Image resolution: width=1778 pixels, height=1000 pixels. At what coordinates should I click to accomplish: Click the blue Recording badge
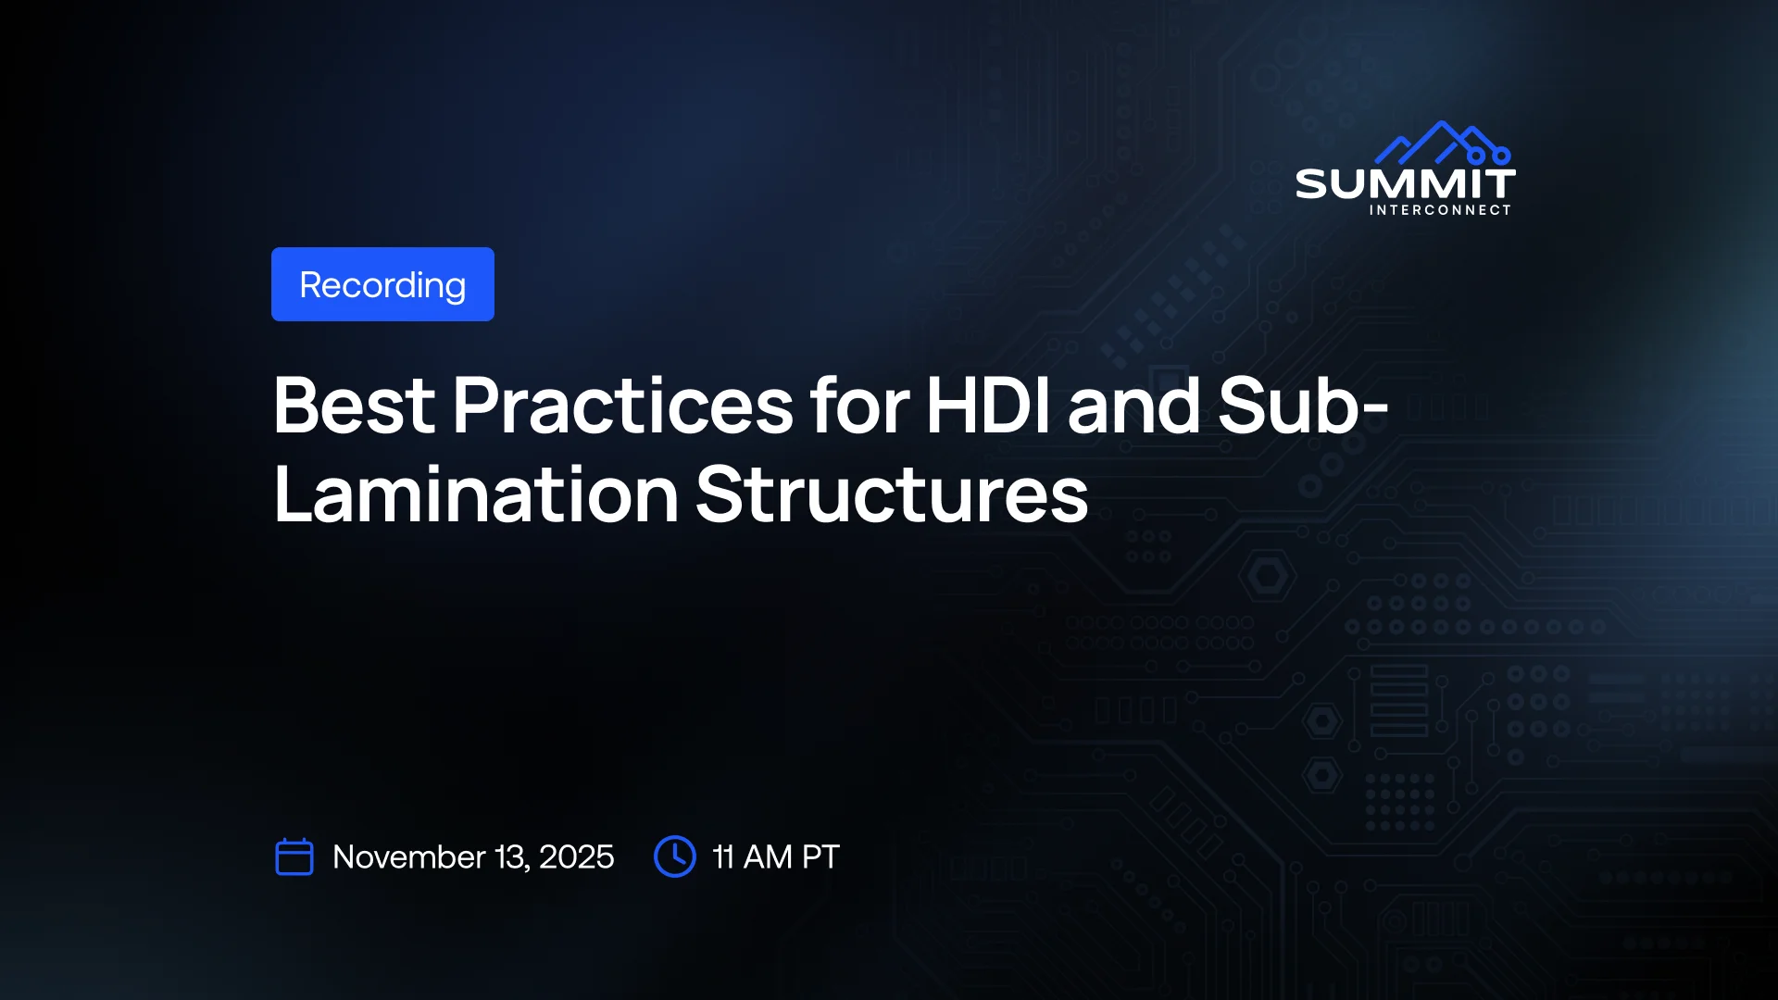coord(382,284)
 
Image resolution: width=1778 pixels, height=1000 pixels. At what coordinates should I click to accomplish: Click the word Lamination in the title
coord(477,494)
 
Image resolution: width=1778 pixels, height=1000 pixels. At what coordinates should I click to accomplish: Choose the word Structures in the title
coord(892,494)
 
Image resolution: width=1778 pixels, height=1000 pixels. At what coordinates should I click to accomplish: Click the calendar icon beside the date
coord(294,856)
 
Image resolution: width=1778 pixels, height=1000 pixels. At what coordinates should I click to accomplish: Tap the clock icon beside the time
coord(675,856)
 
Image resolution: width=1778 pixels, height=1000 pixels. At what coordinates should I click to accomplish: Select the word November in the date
coord(409,857)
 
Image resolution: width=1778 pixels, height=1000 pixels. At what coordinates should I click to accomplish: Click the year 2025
coord(576,857)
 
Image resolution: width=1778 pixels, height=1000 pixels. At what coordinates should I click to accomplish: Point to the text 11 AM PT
coord(776,857)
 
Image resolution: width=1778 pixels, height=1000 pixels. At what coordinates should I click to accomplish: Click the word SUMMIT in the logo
coord(1405,184)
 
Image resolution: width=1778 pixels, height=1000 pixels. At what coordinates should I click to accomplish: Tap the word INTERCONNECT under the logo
coord(1440,210)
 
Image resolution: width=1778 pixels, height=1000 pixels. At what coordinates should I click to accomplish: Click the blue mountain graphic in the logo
coord(1443,144)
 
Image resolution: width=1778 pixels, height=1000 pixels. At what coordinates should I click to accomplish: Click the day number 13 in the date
coord(512,857)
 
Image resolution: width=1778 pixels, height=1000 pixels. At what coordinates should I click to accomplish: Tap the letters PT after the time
coord(820,857)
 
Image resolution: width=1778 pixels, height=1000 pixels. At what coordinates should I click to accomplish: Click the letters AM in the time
coord(768,857)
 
